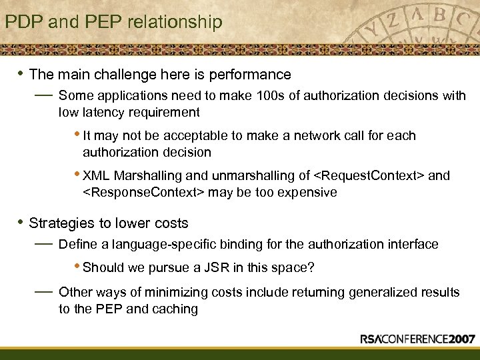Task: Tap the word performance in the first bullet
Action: pos(251,74)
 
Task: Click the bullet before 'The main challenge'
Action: pos(20,73)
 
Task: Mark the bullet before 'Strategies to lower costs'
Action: pos(20,223)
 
